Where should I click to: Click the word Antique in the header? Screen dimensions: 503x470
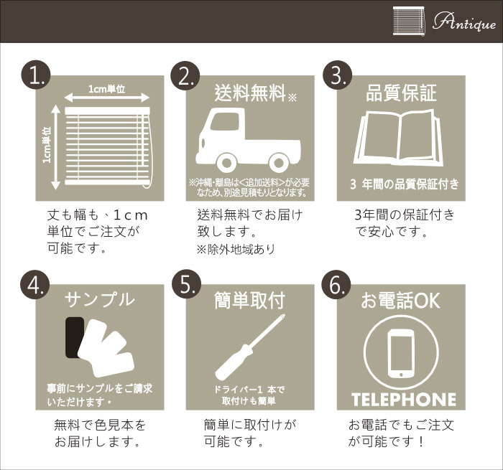(463, 22)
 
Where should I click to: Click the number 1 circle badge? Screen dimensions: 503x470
(36, 75)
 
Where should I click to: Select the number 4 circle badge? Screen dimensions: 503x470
(35, 285)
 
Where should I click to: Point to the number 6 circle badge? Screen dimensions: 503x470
(336, 285)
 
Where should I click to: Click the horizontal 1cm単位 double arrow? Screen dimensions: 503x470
(107, 97)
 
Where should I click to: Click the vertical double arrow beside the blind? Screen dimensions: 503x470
(56, 147)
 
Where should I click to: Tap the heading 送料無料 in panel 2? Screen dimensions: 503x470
(250, 93)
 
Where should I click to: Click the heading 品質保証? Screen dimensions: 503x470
(401, 93)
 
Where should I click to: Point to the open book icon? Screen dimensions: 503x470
(399, 138)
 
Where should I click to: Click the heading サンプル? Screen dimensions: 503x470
(99, 299)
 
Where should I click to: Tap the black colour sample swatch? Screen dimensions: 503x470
(73, 337)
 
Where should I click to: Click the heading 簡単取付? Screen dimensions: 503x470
(249, 301)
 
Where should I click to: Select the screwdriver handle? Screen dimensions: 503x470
(234, 361)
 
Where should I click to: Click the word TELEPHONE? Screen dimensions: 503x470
(404, 400)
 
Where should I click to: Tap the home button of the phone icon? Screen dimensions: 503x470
(400, 374)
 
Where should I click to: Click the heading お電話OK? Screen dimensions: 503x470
(400, 301)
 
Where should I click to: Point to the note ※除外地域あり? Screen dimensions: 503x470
(236, 249)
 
